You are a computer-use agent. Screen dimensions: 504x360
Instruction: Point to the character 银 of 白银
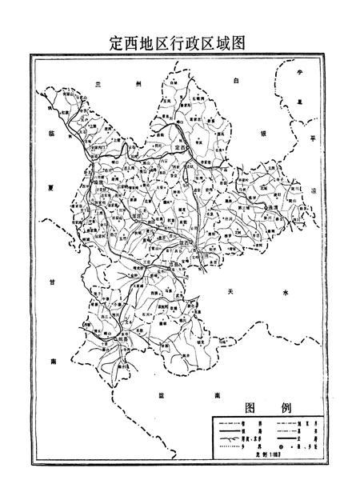262,134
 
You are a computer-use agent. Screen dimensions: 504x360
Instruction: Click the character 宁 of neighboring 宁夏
302,73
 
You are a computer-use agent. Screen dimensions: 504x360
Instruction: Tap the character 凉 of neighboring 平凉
314,189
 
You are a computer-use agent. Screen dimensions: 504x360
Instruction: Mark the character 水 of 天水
285,294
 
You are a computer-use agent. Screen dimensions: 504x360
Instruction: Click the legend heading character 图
250,407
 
